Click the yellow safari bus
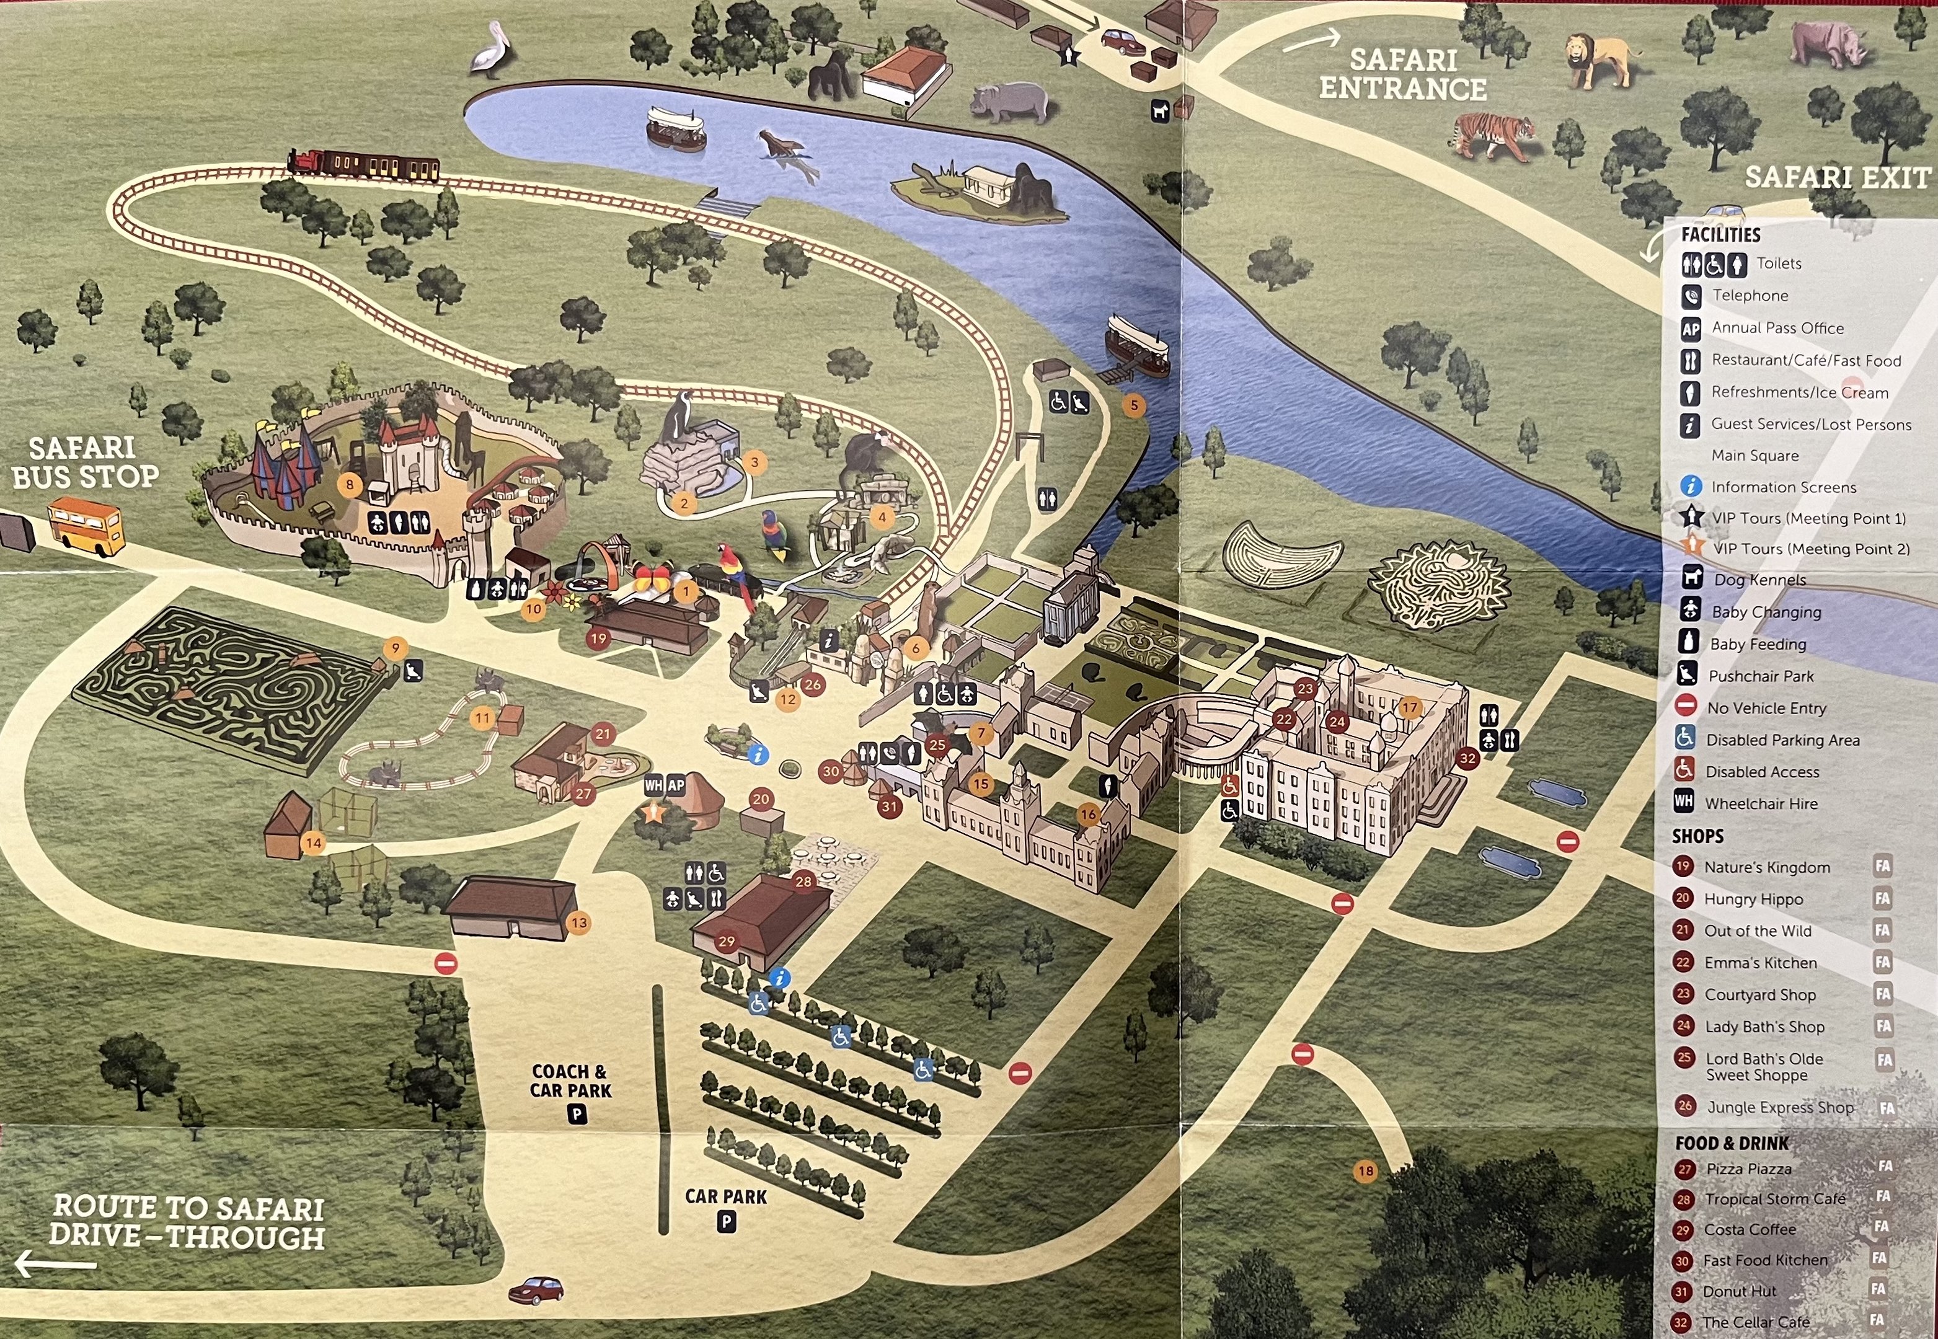coord(86,526)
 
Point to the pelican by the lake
coord(489,50)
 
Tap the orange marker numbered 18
coord(1366,1170)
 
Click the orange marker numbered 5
coord(1133,406)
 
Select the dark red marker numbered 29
coord(727,941)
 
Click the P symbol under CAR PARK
coord(727,1222)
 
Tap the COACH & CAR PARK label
coord(570,1080)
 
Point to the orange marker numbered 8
coord(349,484)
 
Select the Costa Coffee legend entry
coord(1750,1230)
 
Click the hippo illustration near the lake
coord(1009,102)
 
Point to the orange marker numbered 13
coord(579,923)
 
